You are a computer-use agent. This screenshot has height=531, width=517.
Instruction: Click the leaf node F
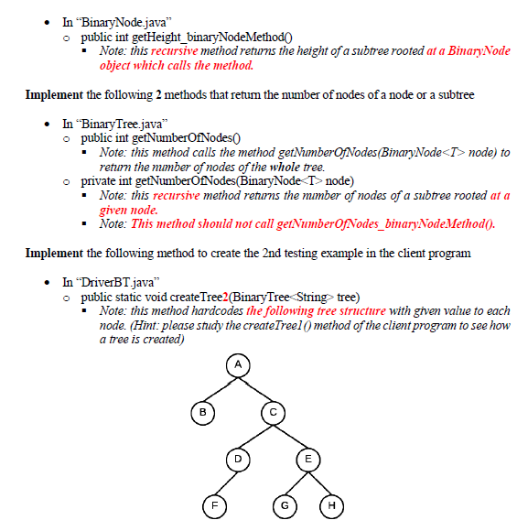[x=213, y=504]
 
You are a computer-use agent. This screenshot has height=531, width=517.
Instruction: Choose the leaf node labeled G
[x=285, y=504]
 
